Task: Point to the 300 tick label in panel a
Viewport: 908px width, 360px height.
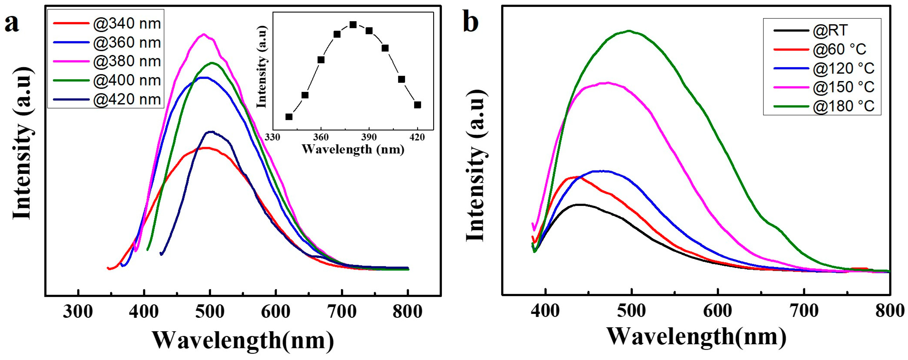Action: [x=78, y=312]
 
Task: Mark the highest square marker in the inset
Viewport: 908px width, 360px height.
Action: [x=353, y=25]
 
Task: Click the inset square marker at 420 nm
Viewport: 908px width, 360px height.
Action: [x=417, y=105]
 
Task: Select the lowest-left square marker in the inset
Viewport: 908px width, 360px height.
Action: [x=289, y=117]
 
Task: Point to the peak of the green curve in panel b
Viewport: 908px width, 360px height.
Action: [x=629, y=31]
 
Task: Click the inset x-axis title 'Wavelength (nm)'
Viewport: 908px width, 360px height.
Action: [x=353, y=150]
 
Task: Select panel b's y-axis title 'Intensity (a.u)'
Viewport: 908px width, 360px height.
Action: [x=476, y=165]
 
